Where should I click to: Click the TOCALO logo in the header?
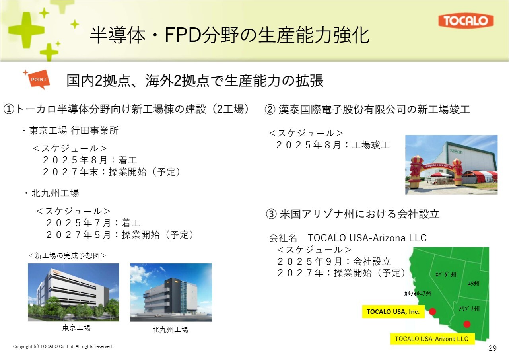pos(466,21)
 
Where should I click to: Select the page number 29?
pos(493,348)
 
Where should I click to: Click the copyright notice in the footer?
pos(63,346)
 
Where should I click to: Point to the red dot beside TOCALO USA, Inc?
pos(432,311)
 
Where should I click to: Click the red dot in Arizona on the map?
pos(467,324)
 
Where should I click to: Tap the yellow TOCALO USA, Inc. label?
pos(393,311)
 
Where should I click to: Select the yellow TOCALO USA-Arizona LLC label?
pos(432,339)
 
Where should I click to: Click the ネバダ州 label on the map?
pos(446,274)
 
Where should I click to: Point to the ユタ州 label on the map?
pos(473,283)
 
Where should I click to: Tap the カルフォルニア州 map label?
pos(418,294)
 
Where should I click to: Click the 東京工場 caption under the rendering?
pos(76,327)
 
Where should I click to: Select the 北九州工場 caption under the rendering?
pos(170,329)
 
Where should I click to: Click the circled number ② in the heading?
pos(270,109)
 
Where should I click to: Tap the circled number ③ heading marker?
pos(271,214)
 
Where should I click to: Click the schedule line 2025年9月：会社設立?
pos(334,262)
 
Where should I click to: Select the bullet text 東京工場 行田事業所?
pos(74,131)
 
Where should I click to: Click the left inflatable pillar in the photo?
pos(417,171)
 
